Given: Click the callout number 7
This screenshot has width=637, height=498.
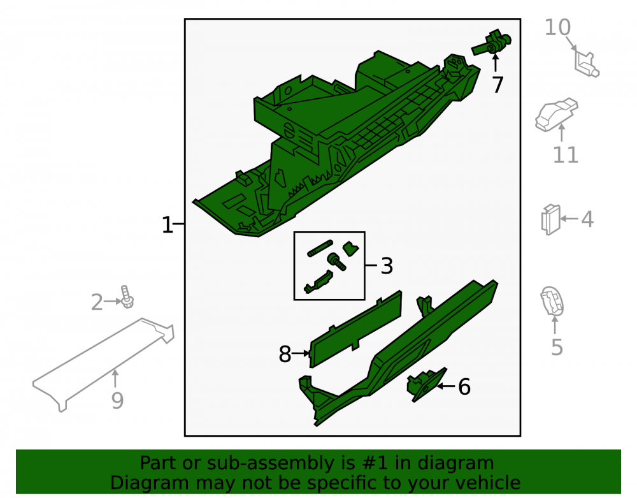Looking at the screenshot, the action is (497, 85).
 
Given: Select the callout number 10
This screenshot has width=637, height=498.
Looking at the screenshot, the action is (557, 27).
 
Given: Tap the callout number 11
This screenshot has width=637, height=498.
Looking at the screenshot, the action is (566, 155).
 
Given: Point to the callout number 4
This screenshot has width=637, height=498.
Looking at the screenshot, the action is (587, 219).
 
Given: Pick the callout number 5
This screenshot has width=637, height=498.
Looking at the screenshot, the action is (557, 347).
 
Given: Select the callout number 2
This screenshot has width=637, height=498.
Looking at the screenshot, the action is (97, 302).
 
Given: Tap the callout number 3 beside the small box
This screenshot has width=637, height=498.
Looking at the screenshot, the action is (387, 266).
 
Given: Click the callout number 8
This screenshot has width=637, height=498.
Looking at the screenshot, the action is (285, 354).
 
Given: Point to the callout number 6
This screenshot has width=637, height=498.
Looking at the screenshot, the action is (464, 386).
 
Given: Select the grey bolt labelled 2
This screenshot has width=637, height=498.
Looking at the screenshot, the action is (127, 297).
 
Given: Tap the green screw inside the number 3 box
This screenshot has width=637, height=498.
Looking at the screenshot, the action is (336, 261).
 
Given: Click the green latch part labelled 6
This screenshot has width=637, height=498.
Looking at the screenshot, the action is (426, 384).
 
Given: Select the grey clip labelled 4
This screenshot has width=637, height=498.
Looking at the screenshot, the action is (551, 219).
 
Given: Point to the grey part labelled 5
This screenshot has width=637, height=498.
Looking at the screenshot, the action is (552, 301).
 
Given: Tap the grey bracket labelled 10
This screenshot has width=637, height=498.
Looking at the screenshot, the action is (586, 63).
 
